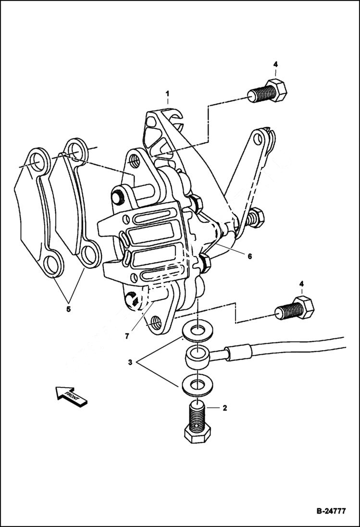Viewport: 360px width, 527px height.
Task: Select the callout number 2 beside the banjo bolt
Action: click(224, 408)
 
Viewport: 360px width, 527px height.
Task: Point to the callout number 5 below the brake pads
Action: click(68, 308)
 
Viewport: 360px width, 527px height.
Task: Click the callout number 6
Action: click(249, 257)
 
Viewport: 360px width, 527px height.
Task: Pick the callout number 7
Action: click(127, 336)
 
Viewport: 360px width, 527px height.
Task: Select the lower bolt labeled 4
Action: click(295, 308)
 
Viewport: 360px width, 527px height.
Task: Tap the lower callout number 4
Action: click(301, 284)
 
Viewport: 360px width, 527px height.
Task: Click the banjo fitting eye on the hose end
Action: click(197, 356)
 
